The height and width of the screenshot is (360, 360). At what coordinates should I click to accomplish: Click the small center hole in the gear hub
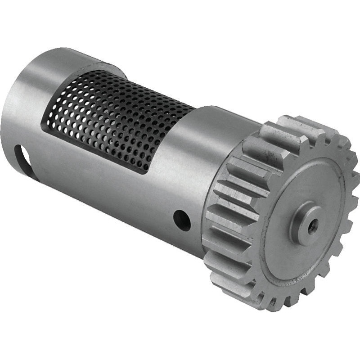pyautogui.click(x=312, y=224)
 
